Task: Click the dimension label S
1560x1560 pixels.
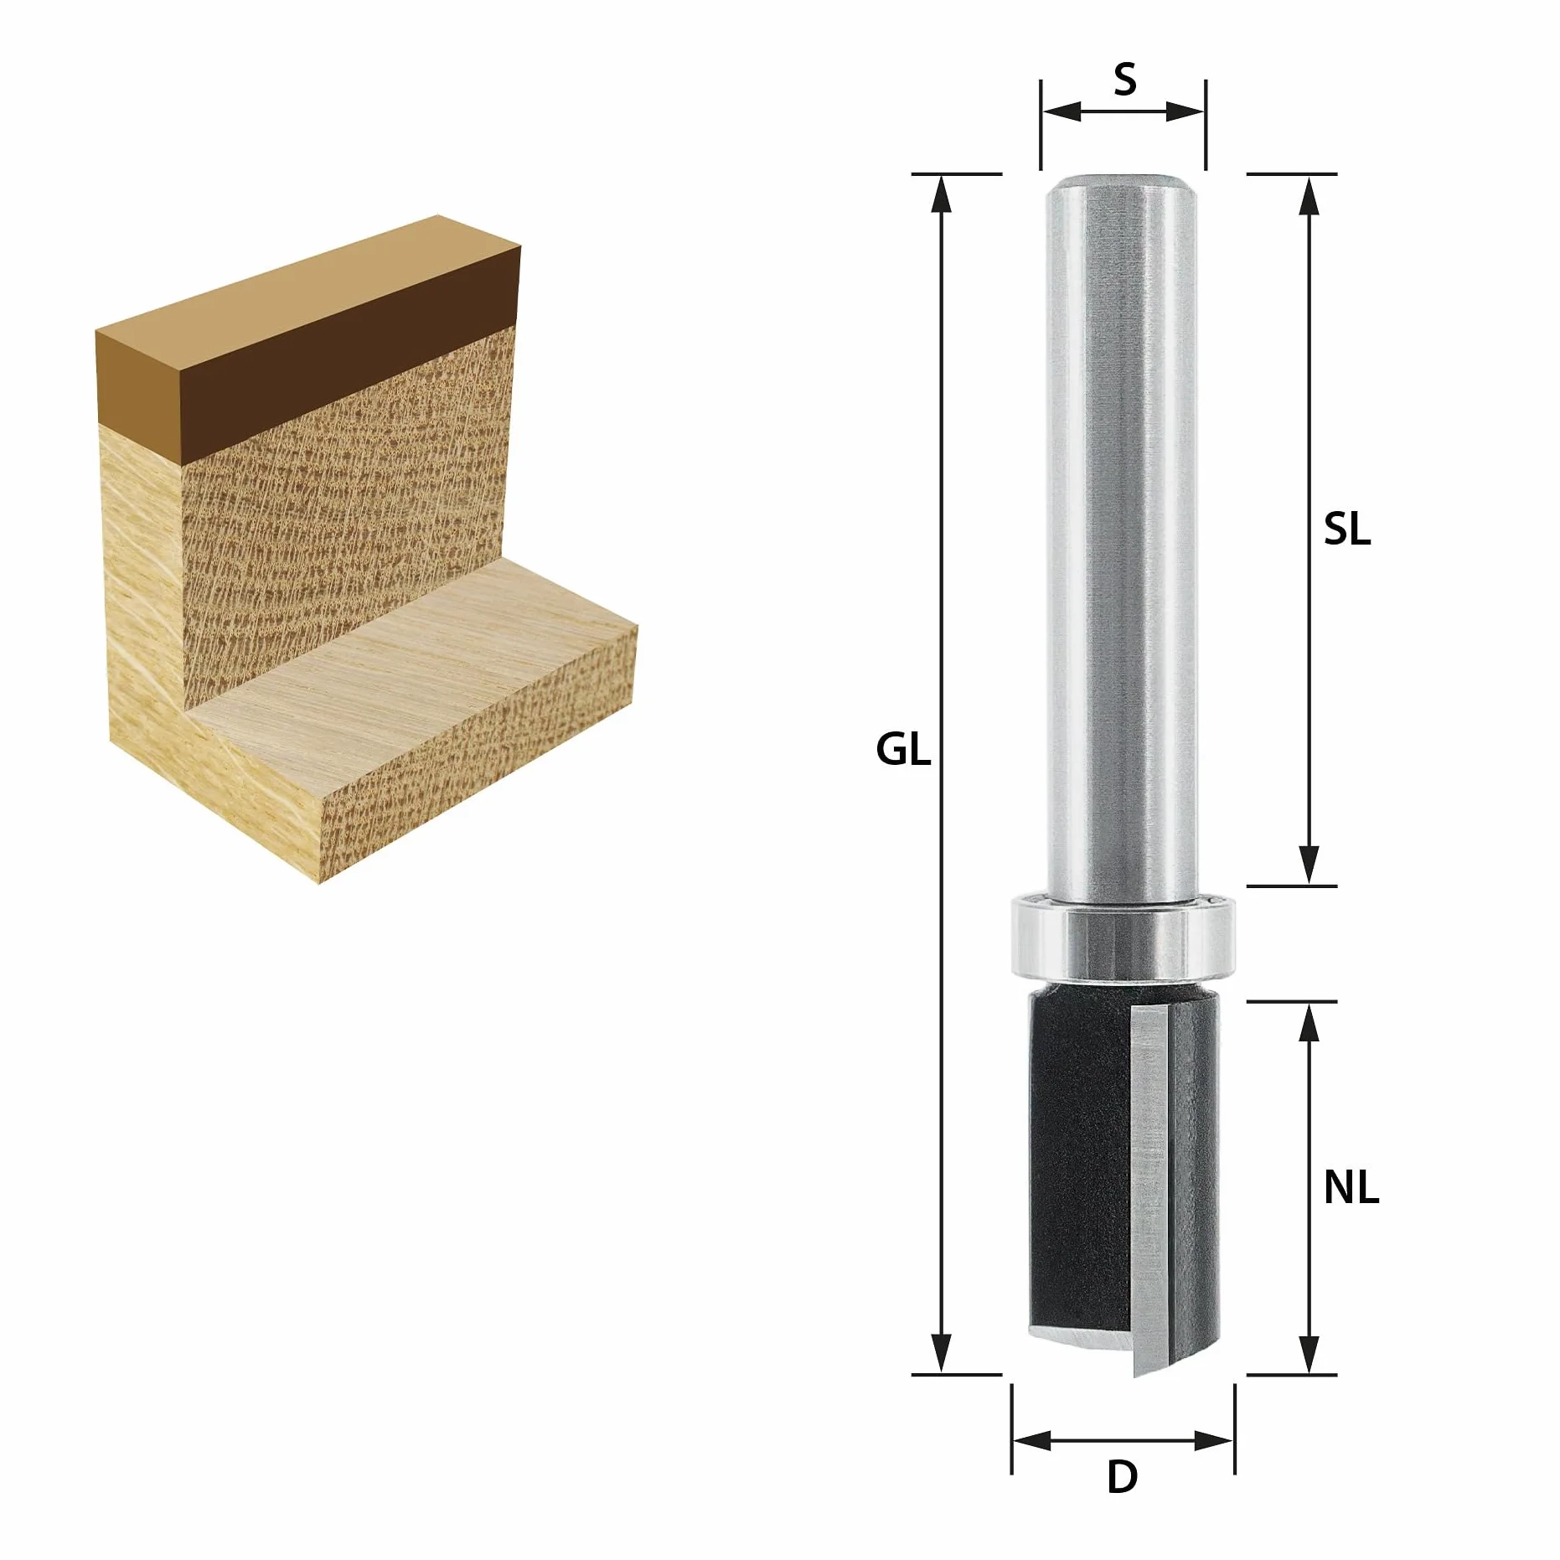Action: point(1124,80)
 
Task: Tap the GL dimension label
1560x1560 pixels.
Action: point(903,749)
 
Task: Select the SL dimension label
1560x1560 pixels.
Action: point(1347,529)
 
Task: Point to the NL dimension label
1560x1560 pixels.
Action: point(1351,1187)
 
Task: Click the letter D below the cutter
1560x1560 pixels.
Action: point(1122,1477)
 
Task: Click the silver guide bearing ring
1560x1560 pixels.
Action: point(1124,936)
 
